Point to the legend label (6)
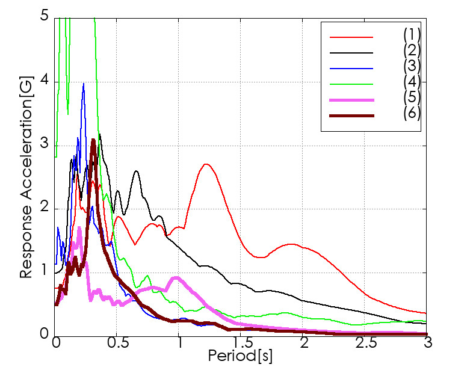point(412,113)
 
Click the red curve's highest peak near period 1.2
point(206,164)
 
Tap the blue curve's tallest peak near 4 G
point(84,83)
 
